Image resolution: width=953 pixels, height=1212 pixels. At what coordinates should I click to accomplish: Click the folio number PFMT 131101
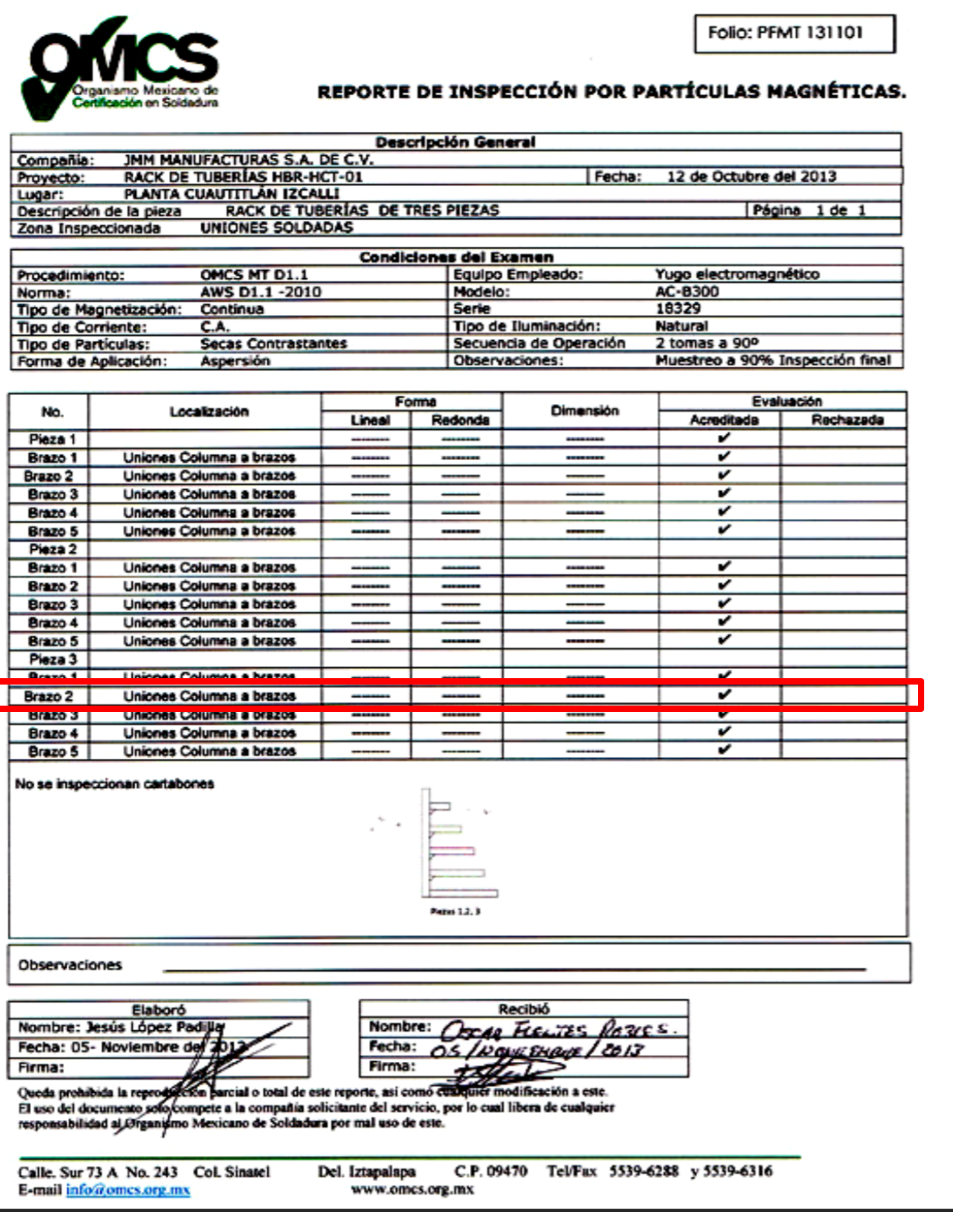tap(809, 32)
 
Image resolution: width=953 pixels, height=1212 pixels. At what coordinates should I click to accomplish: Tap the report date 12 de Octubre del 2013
tap(751, 177)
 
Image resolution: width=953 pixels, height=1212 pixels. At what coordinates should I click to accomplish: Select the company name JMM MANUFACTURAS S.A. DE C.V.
tap(248, 160)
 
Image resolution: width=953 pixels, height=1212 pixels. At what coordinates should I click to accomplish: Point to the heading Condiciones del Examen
tap(456, 257)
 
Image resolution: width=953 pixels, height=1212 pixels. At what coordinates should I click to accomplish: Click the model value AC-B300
tap(687, 292)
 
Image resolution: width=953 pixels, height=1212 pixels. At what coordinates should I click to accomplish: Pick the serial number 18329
tap(677, 309)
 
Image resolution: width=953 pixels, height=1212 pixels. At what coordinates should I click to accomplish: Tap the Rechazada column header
tap(847, 420)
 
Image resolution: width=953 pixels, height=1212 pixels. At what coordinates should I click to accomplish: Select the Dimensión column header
tap(584, 411)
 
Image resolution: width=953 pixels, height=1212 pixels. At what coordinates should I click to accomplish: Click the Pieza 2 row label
tap(53, 549)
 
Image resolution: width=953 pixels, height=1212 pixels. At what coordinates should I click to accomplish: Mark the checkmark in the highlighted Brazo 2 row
tap(724, 695)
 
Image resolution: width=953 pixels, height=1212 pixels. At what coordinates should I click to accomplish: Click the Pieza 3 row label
tap(53, 659)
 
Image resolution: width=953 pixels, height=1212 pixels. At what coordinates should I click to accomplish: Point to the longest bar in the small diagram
tap(464, 893)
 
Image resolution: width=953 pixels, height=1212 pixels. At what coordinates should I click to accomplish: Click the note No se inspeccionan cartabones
tap(114, 783)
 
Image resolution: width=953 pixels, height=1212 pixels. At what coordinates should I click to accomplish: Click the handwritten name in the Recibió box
tap(557, 1030)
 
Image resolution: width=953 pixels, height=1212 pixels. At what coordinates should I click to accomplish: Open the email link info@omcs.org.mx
tap(128, 1190)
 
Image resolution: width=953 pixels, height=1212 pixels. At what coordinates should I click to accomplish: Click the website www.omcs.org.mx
tap(412, 1189)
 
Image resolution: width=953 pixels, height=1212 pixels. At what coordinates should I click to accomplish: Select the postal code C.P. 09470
tap(490, 1171)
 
